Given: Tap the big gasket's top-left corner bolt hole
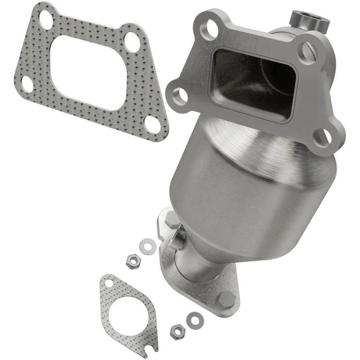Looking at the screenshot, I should coord(45,18).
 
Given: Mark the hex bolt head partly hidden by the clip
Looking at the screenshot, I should coord(172,220).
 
